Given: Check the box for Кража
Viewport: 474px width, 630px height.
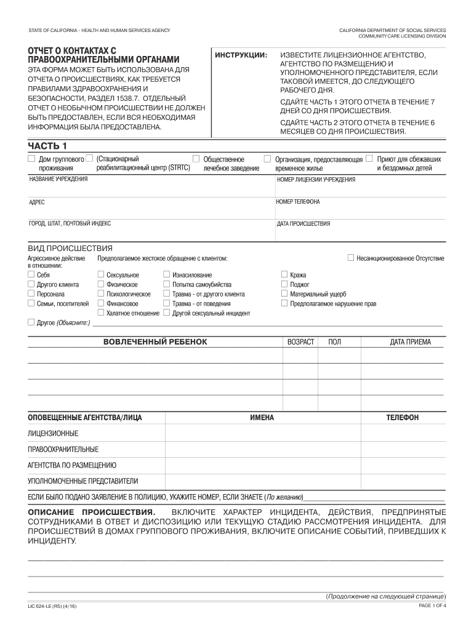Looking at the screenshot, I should coord(284,275).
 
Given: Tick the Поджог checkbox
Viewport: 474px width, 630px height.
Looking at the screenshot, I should coord(284,285).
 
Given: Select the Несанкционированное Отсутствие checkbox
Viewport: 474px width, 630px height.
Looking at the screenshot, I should coord(351,258).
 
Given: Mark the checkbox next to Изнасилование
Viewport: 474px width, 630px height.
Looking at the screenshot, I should coord(166,275).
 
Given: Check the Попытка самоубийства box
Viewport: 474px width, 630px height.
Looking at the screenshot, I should coord(166,285).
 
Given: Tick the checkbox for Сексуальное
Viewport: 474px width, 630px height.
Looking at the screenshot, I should coord(101,275).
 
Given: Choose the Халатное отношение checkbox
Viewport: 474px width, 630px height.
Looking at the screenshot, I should coord(101,313).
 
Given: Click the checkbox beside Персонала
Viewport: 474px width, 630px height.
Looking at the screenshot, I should coord(31,294).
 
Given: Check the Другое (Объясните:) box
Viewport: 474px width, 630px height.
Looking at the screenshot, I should coord(31,322).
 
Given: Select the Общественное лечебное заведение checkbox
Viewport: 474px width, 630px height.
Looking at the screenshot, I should coord(196,159).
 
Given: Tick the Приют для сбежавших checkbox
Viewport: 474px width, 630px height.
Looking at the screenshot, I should coord(369,159).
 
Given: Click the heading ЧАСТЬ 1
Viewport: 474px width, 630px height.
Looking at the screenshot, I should coord(47,145).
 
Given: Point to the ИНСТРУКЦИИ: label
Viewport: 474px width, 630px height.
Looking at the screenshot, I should coord(241,56).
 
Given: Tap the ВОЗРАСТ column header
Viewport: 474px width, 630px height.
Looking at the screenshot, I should coord(300,342).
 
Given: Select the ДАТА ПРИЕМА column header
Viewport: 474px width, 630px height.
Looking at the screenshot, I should coord(410,342).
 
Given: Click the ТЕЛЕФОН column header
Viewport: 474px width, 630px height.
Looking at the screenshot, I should coord(402,418).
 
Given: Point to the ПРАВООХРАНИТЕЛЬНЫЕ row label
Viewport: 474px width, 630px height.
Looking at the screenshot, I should coord(63,449).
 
